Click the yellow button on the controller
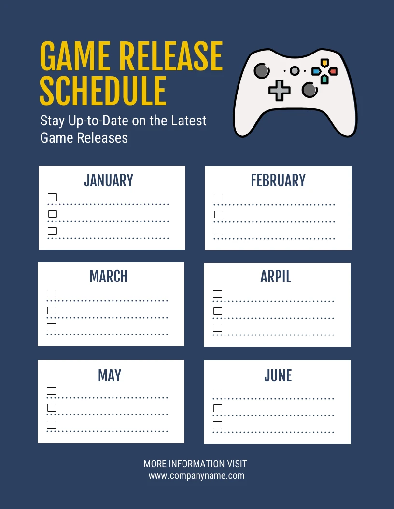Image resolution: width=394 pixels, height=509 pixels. tap(324, 63)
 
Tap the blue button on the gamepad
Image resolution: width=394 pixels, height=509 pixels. tap(316, 71)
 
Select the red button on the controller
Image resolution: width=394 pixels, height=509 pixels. tap(333, 71)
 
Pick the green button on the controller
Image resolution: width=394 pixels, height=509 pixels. tap(324, 79)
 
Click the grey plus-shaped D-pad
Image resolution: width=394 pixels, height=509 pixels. tap(279, 90)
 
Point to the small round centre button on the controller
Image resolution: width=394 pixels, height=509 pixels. tap(294, 71)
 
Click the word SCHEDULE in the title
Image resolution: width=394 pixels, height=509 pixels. tap(103, 90)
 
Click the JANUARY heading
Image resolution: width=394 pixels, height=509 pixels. tap(109, 180)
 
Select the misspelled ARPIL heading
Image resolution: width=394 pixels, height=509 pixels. tap(276, 276)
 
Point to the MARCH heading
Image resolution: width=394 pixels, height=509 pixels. tap(109, 276)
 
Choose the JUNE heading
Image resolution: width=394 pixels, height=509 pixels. tap(278, 375)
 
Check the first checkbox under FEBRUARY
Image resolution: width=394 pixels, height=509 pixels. tap(219, 198)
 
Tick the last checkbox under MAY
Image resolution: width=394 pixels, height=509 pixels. tap(52, 425)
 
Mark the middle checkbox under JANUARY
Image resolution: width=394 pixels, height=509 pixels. tap(53, 214)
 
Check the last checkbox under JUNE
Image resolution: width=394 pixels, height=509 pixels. tap(218, 425)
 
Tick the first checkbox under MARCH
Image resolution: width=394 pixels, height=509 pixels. tap(52, 294)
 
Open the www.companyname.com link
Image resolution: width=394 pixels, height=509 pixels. tap(197, 476)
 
